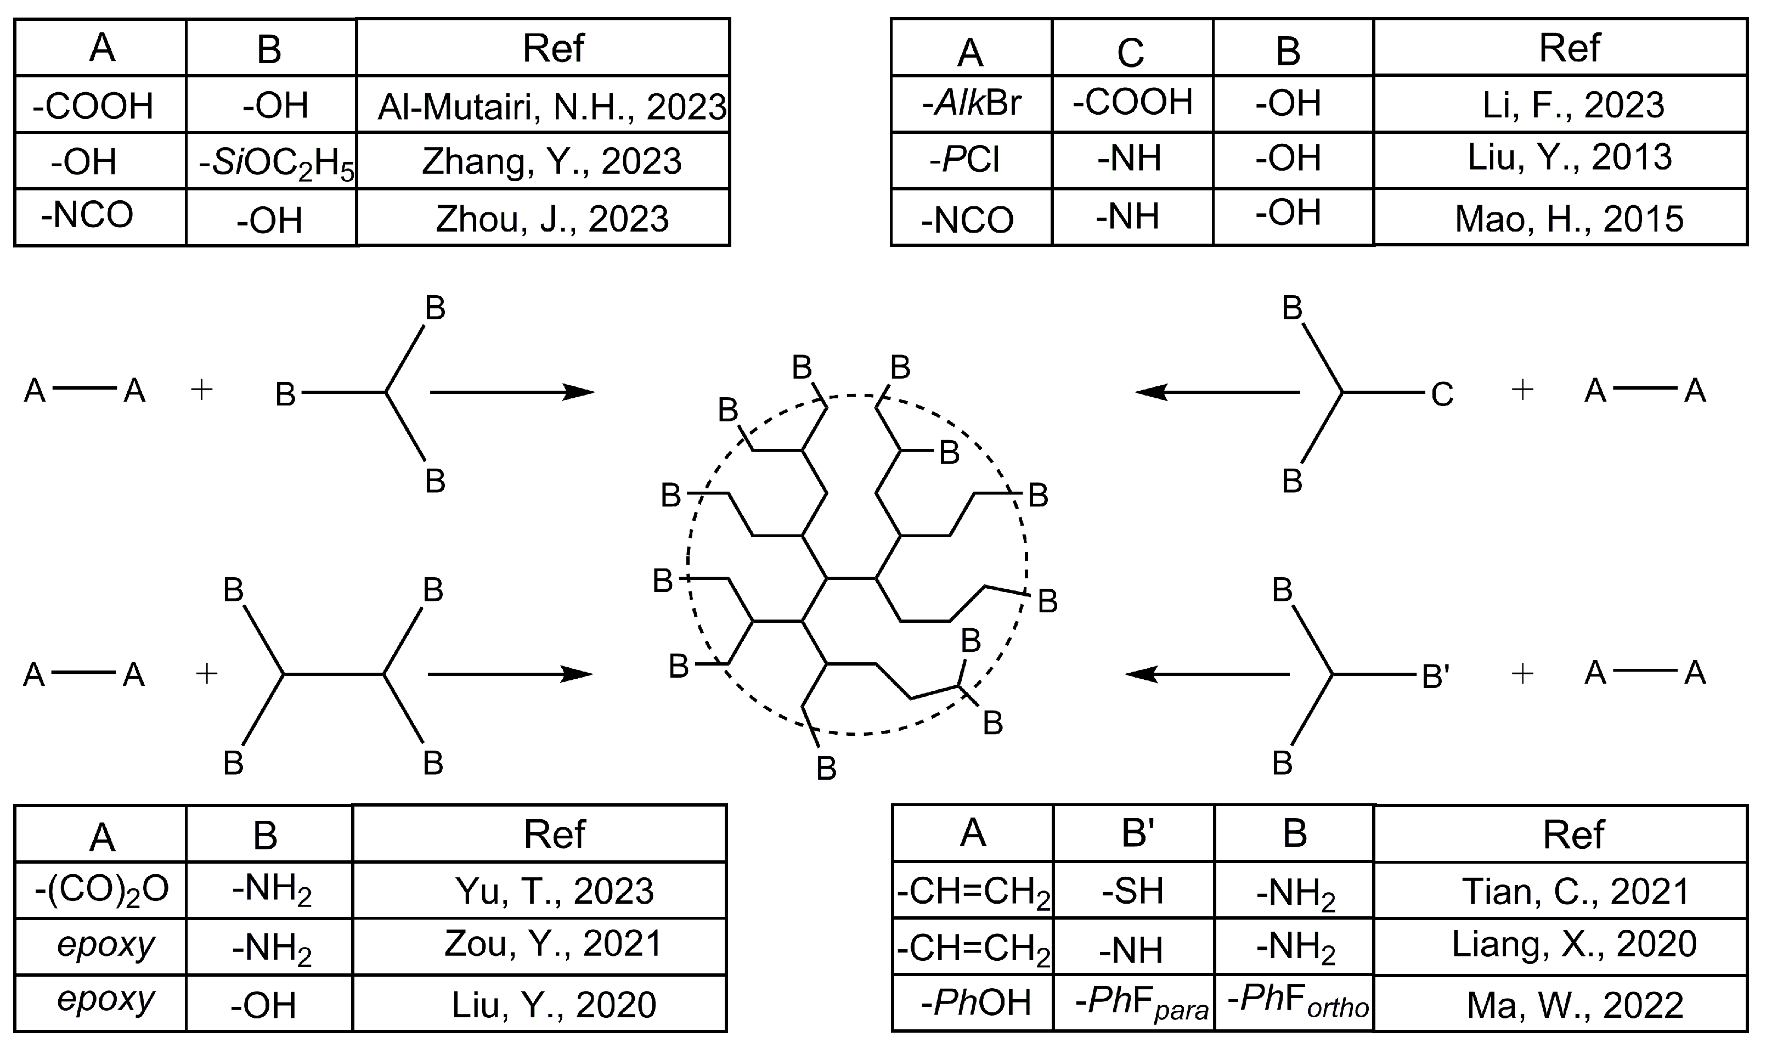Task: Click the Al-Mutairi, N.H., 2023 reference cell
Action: pyautogui.click(x=551, y=106)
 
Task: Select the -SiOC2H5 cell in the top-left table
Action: pyautogui.click(x=275, y=162)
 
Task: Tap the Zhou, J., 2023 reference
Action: pyautogui.click(x=551, y=218)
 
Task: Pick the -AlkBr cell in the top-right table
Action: pyautogui.click(x=972, y=104)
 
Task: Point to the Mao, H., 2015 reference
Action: pyautogui.click(x=1569, y=219)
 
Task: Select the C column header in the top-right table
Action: pyautogui.click(x=1131, y=51)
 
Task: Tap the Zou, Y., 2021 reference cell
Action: pyautogui.click(x=553, y=944)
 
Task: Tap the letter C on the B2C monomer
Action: pyautogui.click(x=1442, y=394)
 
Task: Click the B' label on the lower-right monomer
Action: pyautogui.click(x=1436, y=677)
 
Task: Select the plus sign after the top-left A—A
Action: pyautogui.click(x=202, y=390)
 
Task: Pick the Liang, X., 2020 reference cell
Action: pyautogui.click(x=1573, y=944)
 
